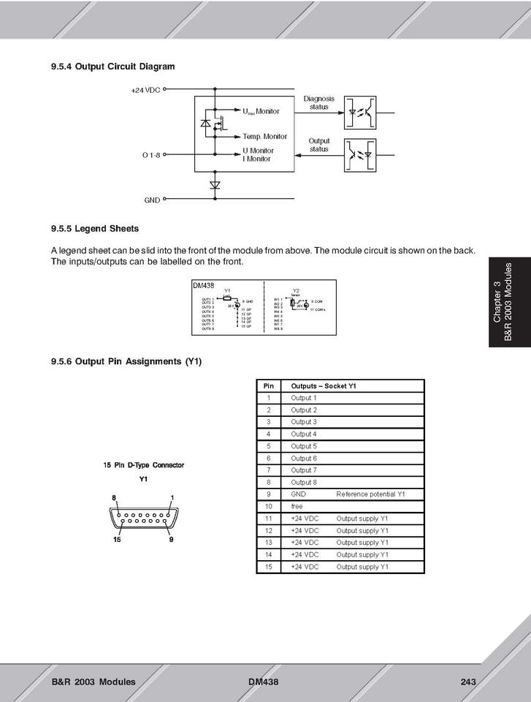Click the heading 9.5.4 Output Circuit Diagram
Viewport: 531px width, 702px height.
click(x=112, y=67)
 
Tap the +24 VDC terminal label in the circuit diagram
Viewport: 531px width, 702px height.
click(x=145, y=90)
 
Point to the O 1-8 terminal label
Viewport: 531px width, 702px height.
click(x=150, y=155)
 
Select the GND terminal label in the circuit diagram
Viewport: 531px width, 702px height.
click(x=152, y=199)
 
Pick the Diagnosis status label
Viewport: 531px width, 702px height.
click(x=318, y=102)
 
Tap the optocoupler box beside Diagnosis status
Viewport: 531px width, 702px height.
click(x=361, y=113)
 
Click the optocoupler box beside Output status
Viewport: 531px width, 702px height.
click(x=361, y=155)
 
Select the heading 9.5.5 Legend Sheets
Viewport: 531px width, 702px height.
click(x=94, y=228)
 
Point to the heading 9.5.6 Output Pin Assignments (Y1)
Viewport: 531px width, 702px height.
click(x=126, y=361)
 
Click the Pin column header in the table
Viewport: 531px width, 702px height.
click(x=268, y=386)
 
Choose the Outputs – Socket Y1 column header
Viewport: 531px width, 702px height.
click(x=323, y=386)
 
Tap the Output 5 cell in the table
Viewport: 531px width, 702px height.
click(x=304, y=446)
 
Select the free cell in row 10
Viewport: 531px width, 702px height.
click(x=297, y=506)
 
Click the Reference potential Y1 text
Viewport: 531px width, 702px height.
click(x=370, y=494)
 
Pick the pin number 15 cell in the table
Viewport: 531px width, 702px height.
click(x=268, y=567)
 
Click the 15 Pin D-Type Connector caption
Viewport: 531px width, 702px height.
click(x=144, y=465)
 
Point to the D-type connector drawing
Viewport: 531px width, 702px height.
click(x=143, y=518)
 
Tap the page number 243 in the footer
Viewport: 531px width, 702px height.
click(x=468, y=682)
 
